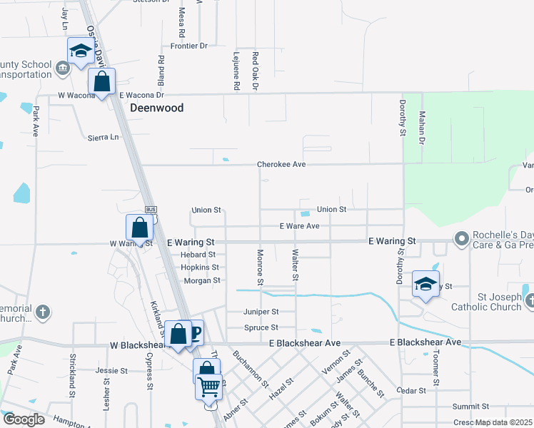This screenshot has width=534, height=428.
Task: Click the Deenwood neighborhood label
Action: pos(156,108)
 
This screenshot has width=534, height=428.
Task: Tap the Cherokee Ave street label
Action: pos(281,164)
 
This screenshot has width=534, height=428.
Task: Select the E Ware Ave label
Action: pos(299,226)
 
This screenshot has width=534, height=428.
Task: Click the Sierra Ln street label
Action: pos(103,137)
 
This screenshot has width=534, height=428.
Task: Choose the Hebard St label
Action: pos(198,254)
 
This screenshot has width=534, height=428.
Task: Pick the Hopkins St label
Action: pos(199,267)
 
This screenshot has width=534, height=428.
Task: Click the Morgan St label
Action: pos(201,280)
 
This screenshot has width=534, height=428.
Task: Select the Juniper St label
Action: pos(261,312)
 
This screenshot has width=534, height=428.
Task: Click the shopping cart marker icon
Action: pos(208,387)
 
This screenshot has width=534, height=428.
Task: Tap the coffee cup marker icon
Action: pos(193,331)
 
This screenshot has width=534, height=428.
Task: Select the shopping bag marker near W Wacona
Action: pos(102,81)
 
